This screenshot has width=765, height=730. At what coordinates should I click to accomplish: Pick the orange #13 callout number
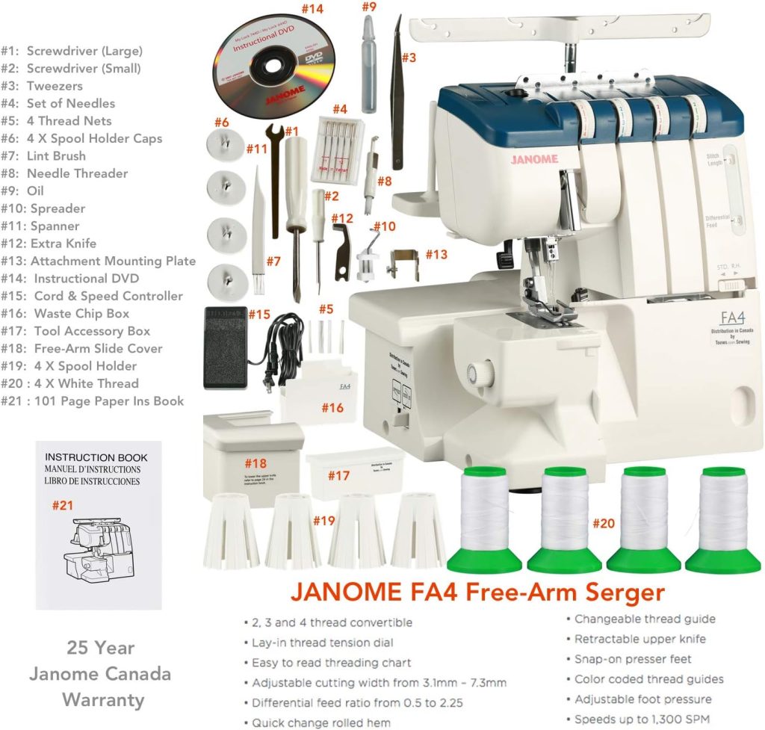click(x=437, y=254)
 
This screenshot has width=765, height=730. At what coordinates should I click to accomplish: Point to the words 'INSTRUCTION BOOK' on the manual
click(x=96, y=457)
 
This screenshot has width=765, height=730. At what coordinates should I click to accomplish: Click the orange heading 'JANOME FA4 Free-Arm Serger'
click(x=477, y=593)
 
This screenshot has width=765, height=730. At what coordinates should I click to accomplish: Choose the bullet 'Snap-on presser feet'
click(x=632, y=659)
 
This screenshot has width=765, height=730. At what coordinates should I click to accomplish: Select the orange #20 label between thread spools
click(x=604, y=523)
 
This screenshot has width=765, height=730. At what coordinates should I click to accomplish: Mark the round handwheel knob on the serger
click(x=472, y=372)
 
